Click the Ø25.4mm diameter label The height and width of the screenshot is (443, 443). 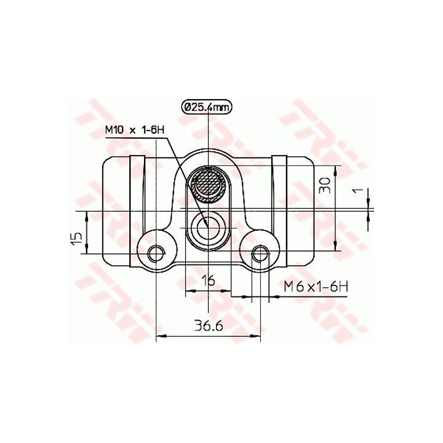click(x=207, y=107)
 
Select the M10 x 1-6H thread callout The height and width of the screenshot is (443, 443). click(x=135, y=130)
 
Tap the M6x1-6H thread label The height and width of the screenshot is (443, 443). click(x=316, y=287)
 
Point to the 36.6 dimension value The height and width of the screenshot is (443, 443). click(x=209, y=327)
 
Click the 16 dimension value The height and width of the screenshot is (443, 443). click(x=209, y=281)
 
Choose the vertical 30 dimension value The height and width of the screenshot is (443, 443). click(x=325, y=185)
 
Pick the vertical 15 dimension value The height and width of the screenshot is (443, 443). click(x=76, y=239)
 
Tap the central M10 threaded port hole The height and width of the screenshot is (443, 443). click(x=208, y=226)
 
